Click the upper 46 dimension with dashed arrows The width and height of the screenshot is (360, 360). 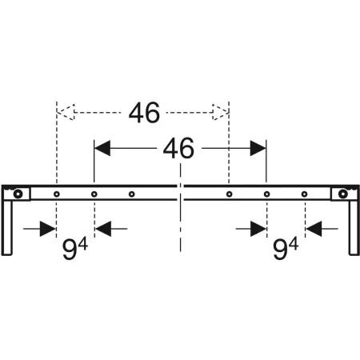coord(144,113)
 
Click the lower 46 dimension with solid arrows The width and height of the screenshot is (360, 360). coord(178,149)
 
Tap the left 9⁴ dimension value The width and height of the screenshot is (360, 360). coord(75,249)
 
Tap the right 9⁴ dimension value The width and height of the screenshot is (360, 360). coord(286,249)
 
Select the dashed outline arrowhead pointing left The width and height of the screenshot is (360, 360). coord(66,112)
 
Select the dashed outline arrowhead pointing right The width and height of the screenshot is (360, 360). coord(221,112)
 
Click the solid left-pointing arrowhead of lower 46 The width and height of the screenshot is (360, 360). coord(102,148)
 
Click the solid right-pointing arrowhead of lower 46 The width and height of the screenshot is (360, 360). coord(258,148)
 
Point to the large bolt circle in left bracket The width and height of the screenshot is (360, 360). coord(18,194)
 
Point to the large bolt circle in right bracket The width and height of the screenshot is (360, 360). coord(343,194)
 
